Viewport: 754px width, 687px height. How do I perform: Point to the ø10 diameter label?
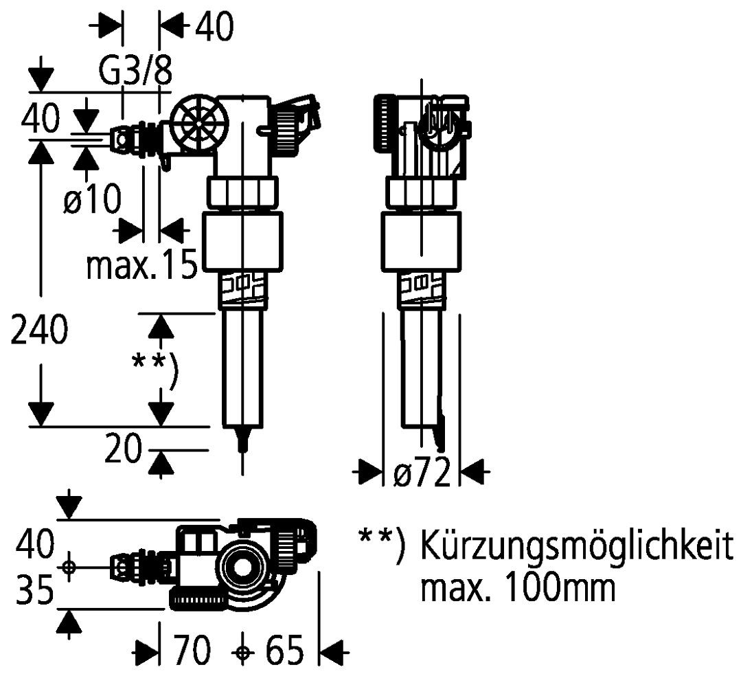pyautogui.click(x=94, y=200)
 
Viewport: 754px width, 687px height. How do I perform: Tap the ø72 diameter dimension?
pyautogui.click(x=422, y=473)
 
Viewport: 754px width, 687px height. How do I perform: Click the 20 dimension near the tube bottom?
pyautogui.click(x=124, y=451)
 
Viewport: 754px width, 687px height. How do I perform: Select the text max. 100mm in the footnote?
pyautogui.click(x=517, y=588)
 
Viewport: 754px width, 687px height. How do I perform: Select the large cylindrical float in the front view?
pyautogui.click(x=243, y=243)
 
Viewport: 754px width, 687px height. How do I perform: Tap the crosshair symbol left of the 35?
pyautogui.click(x=68, y=567)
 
